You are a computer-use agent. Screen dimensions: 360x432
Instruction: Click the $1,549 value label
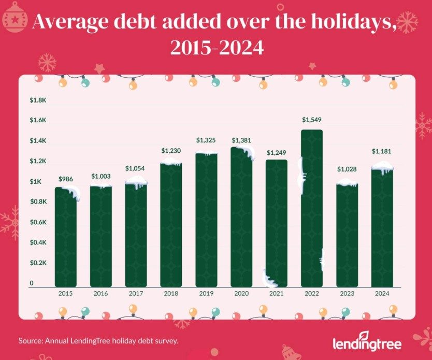(x=311, y=120)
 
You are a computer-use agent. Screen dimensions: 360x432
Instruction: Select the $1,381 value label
(x=241, y=140)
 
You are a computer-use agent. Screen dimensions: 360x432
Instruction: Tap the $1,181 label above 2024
(x=382, y=151)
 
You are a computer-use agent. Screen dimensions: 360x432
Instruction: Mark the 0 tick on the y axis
(x=32, y=283)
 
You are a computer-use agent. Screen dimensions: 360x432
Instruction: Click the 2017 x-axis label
(x=136, y=293)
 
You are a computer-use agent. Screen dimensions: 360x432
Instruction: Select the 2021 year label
(x=277, y=293)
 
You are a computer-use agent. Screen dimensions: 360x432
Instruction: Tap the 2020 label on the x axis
(x=241, y=293)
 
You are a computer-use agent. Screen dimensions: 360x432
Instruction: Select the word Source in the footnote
(x=30, y=341)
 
